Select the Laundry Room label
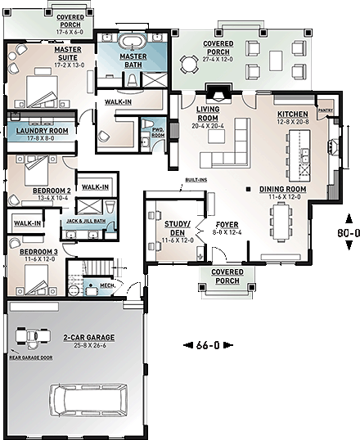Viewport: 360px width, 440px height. click(38, 132)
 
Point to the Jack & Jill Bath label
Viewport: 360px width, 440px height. click(85, 221)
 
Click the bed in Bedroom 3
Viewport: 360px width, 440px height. click(38, 281)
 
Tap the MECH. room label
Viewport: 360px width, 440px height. click(106, 285)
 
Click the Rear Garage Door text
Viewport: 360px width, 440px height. click(30, 357)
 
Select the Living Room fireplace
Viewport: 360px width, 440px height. click(214, 91)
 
